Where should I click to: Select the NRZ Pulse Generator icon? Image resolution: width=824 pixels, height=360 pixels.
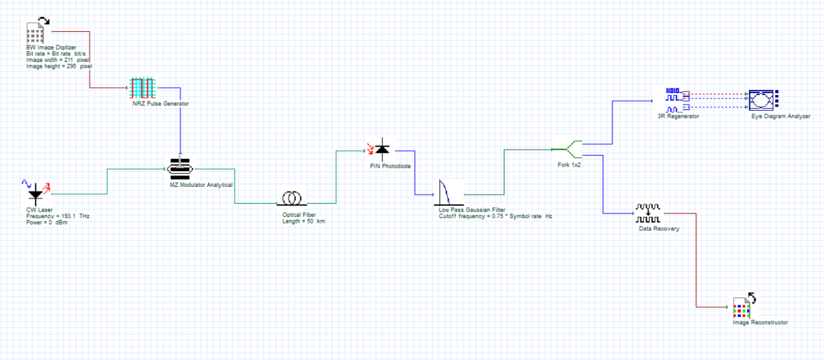[x=142, y=87]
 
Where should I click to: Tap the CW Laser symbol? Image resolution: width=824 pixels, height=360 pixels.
[x=36, y=193]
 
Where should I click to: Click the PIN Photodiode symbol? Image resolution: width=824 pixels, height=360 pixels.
[x=381, y=151]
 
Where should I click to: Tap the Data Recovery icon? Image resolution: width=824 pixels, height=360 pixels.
[x=648, y=213]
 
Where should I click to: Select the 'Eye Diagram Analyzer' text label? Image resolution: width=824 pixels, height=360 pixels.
[x=780, y=116]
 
